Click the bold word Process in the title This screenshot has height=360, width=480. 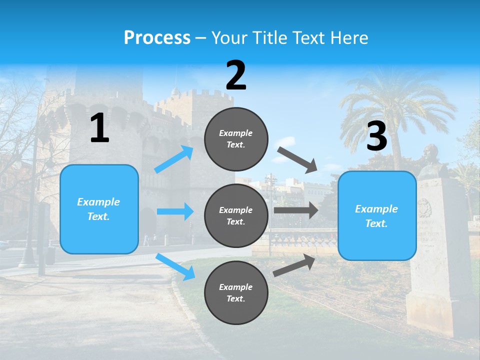point(157,37)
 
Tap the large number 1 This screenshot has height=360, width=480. point(99,128)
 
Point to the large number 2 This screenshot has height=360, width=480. point(236,75)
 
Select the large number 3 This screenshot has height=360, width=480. point(376,136)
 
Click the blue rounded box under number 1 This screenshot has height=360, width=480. point(99,209)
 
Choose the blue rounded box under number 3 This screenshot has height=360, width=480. point(377,215)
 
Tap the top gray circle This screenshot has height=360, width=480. point(236,139)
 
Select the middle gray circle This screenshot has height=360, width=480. point(236,215)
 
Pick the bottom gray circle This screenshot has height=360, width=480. point(236,292)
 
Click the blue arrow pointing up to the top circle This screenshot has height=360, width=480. point(174,159)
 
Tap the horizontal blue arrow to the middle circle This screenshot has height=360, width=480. point(175,211)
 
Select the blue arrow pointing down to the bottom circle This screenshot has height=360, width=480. point(175,266)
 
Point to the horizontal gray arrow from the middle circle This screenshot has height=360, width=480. point(295,210)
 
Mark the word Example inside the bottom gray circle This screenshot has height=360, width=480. point(236,287)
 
